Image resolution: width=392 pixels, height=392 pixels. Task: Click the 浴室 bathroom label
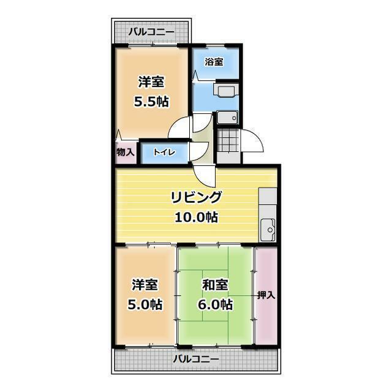(x=214, y=62)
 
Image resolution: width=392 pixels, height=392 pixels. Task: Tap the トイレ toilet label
(x=164, y=152)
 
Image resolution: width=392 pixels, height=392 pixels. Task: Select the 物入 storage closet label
(x=126, y=152)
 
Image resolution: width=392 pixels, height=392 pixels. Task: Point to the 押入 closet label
(x=266, y=295)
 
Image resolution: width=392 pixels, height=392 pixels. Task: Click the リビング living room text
(x=196, y=197)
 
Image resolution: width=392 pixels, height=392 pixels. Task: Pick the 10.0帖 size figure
(x=196, y=217)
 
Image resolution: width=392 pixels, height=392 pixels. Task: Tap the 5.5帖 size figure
(x=151, y=102)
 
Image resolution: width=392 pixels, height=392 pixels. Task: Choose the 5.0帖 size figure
(x=145, y=304)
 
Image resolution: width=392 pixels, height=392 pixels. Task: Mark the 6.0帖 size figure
(x=215, y=304)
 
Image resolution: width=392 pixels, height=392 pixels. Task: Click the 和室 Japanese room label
(x=215, y=285)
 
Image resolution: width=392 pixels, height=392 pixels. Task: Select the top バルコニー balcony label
(x=151, y=32)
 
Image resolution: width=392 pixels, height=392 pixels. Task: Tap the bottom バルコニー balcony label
(x=196, y=360)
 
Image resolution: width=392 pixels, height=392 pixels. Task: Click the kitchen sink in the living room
(x=268, y=230)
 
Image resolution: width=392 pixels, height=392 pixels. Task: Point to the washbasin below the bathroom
(x=226, y=91)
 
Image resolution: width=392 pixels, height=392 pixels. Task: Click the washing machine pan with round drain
(x=227, y=118)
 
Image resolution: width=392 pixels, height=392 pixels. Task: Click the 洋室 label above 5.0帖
(x=145, y=285)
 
